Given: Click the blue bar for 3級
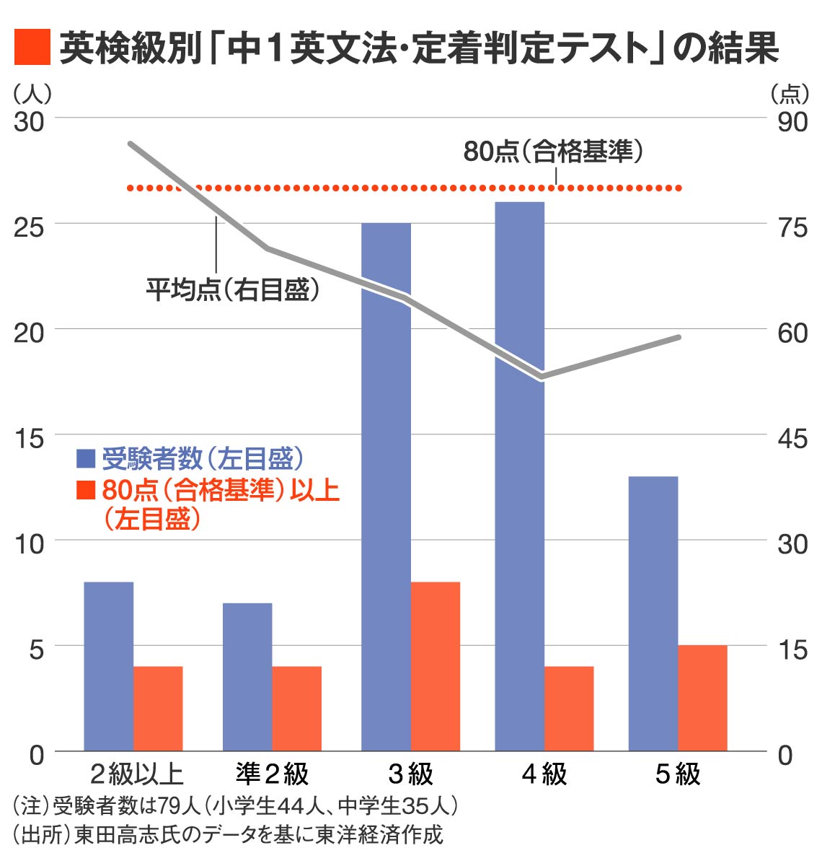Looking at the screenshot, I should coord(386,487).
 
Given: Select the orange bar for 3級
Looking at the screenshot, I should coord(436,666).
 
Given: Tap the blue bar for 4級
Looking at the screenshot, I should coord(519,476).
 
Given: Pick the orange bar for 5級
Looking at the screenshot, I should coord(702,698).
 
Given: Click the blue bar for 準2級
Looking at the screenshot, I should coord(247,677).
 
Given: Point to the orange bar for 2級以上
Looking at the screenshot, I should coord(158,709).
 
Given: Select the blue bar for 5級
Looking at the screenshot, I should coord(653,613).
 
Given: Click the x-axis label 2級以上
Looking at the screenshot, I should coord(136,774).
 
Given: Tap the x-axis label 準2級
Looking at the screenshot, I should coord(272,774).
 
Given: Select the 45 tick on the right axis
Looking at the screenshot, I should coord(792,438).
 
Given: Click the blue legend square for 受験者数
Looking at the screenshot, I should coord(86,458).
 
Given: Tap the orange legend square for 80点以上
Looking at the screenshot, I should coord(86,490).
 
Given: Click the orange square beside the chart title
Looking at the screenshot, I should coord(32,48).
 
